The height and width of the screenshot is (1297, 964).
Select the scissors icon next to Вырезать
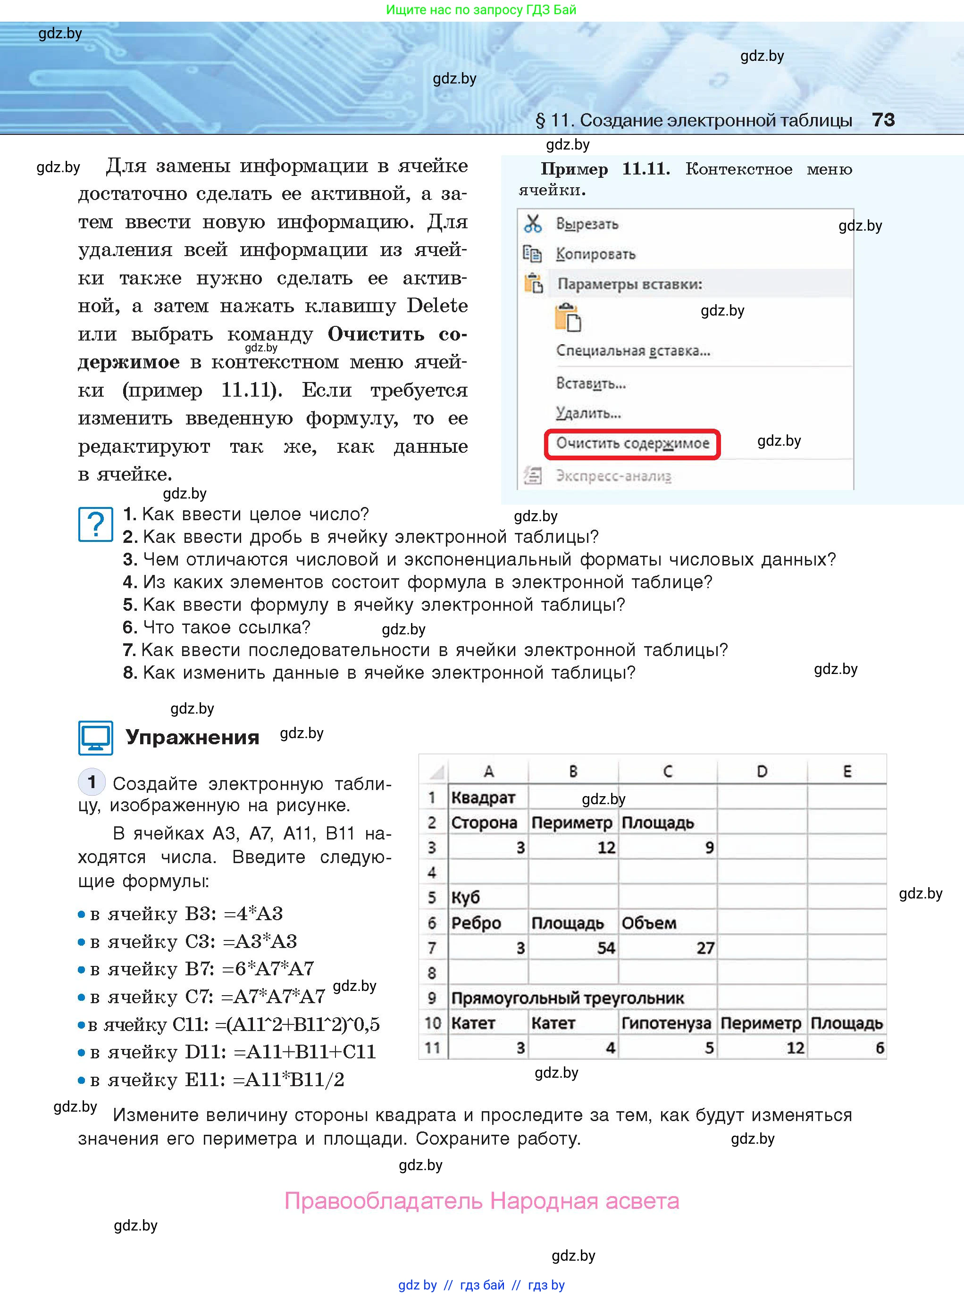pyautogui.click(x=533, y=224)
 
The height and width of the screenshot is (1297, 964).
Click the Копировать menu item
pyautogui.click(x=595, y=254)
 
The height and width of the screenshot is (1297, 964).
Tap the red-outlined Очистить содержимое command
pyautogui.click(x=632, y=444)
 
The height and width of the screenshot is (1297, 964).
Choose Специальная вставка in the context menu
pyautogui.click(x=633, y=350)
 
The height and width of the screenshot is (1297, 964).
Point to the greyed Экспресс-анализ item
pyautogui.click(x=613, y=476)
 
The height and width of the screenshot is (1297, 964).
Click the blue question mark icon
pyautogui.click(x=95, y=524)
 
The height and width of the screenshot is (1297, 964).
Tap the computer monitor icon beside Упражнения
pyautogui.click(x=95, y=738)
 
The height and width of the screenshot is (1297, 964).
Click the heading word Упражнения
pyautogui.click(x=192, y=737)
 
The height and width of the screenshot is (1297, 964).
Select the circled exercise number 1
pyautogui.click(x=92, y=782)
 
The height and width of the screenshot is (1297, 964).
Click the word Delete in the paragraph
pyautogui.click(x=437, y=306)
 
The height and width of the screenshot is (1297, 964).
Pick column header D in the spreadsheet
pyautogui.click(x=762, y=771)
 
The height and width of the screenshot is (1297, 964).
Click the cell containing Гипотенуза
pyautogui.click(x=666, y=1023)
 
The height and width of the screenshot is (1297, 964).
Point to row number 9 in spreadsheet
pyautogui.click(x=432, y=998)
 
